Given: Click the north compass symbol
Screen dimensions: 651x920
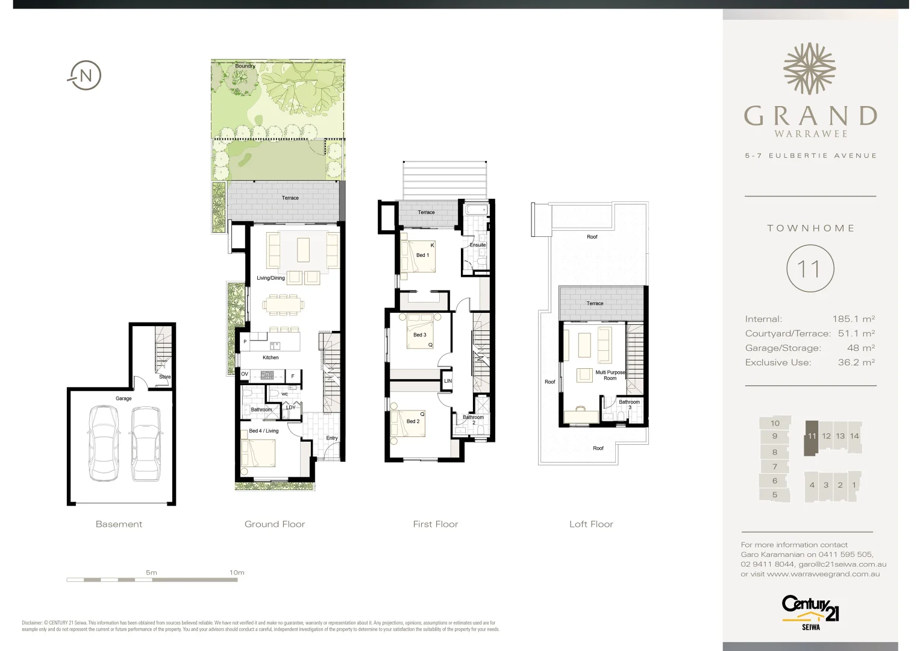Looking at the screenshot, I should click(x=84, y=76).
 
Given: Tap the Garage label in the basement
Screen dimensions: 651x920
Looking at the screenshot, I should click(x=124, y=398).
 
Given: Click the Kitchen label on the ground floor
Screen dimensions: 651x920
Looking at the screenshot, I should click(x=271, y=357).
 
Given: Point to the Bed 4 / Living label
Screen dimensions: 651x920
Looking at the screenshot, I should click(x=264, y=431).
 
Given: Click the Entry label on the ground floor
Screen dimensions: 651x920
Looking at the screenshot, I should click(x=332, y=438).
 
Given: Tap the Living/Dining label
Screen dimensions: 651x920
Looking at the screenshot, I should click(x=271, y=278).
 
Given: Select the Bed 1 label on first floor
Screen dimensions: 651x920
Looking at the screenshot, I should click(x=422, y=255).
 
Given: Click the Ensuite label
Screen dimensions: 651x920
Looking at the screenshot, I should click(x=478, y=245).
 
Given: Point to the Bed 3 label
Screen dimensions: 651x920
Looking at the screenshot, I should click(x=419, y=335).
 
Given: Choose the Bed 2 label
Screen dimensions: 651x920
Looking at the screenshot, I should click(x=413, y=421).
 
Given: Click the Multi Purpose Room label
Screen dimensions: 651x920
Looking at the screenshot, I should click(x=610, y=376).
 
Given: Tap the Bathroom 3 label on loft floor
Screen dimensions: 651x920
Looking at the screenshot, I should click(x=629, y=404).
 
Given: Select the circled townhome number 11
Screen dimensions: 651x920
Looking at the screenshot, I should click(x=810, y=269).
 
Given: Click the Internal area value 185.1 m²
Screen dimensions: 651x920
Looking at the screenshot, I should click(x=853, y=319).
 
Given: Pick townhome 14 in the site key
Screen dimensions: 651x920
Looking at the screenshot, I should click(x=854, y=436).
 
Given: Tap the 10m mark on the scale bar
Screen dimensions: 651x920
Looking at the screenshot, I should click(x=237, y=573).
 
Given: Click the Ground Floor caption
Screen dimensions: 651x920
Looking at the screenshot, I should click(x=275, y=524).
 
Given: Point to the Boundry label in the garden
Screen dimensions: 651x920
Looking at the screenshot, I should click(x=245, y=66).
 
